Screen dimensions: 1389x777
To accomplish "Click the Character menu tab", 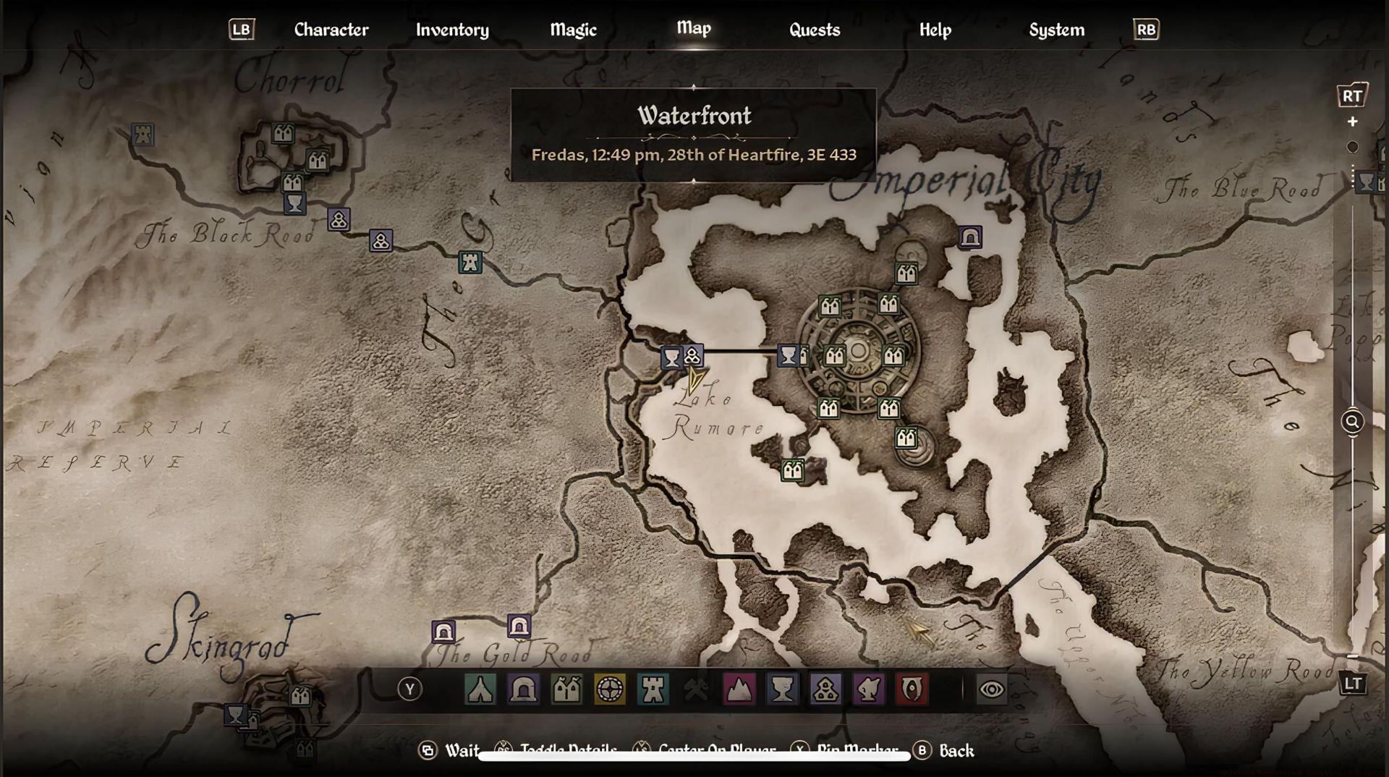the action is [x=331, y=30].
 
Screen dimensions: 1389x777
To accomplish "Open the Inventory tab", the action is [x=452, y=30].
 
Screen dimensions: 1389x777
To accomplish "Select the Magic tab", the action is [x=573, y=30].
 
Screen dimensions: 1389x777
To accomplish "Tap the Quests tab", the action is [x=814, y=30].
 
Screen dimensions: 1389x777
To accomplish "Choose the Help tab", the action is [x=935, y=30].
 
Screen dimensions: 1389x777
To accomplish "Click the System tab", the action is [x=1056, y=30].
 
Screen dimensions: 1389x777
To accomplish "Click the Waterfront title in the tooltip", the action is [x=694, y=116].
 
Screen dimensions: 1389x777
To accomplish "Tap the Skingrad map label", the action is [x=221, y=640].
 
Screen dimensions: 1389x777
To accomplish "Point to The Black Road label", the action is [x=228, y=234].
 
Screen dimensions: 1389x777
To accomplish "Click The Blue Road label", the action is [x=1241, y=189].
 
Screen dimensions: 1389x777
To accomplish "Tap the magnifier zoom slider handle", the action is [x=1351, y=421].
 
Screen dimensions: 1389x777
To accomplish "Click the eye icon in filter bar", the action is [x=990, y=689].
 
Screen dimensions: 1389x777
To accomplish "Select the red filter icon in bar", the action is [x=912, y=689].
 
